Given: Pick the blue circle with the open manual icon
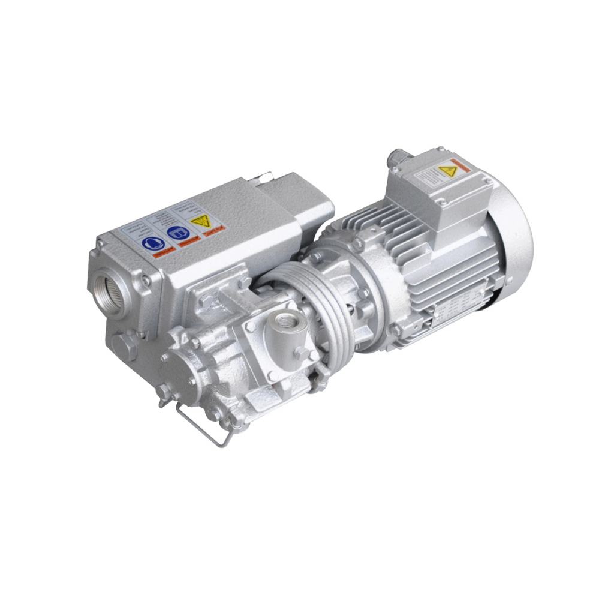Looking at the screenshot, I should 177,233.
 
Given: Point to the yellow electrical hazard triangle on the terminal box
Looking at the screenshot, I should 447,171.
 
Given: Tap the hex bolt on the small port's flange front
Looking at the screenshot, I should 299,353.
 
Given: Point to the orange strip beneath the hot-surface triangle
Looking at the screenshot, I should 213,231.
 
